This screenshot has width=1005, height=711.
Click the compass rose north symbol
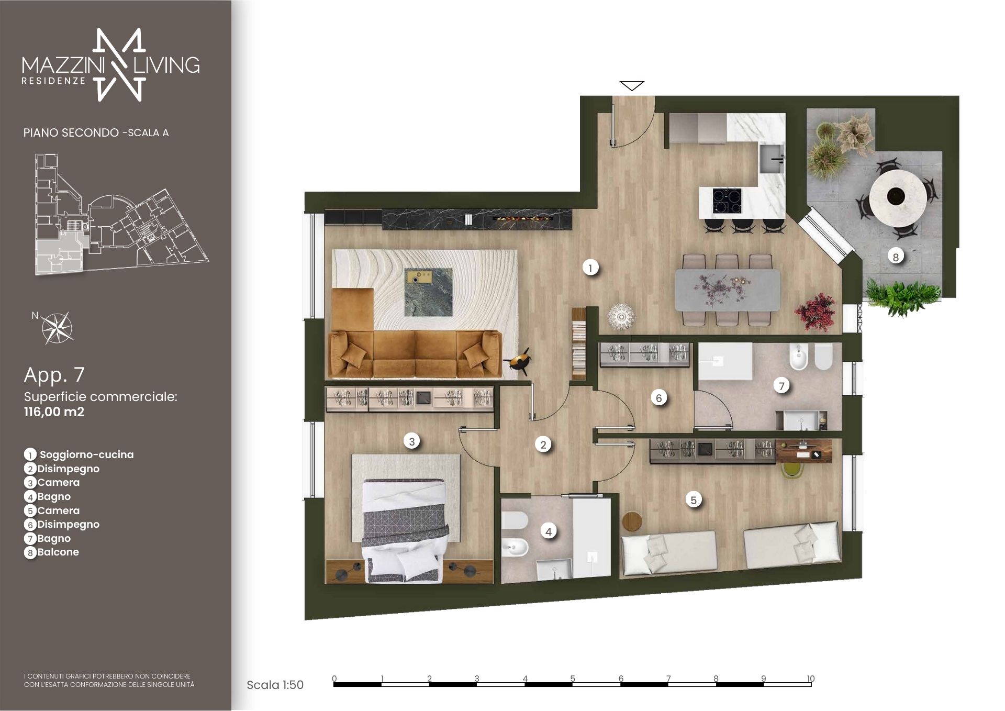point(57,328)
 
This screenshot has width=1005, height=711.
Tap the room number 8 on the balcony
point(896,257)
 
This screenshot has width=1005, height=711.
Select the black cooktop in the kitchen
point(727,201)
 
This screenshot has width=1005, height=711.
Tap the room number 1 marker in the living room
point(590,268)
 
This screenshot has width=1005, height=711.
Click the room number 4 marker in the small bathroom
point(549,532)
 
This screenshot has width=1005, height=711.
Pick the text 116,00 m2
point(54,412)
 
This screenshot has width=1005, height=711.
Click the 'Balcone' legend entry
point(58,552)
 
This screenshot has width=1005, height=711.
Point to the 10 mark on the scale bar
point(810,679)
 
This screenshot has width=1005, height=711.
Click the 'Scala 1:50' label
point(275,685)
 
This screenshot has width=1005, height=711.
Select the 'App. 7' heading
point(54,375)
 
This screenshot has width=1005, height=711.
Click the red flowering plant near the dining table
point(815,312)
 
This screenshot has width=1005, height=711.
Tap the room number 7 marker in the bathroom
point(781,386)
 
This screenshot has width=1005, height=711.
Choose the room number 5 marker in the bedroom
point(694,500)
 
